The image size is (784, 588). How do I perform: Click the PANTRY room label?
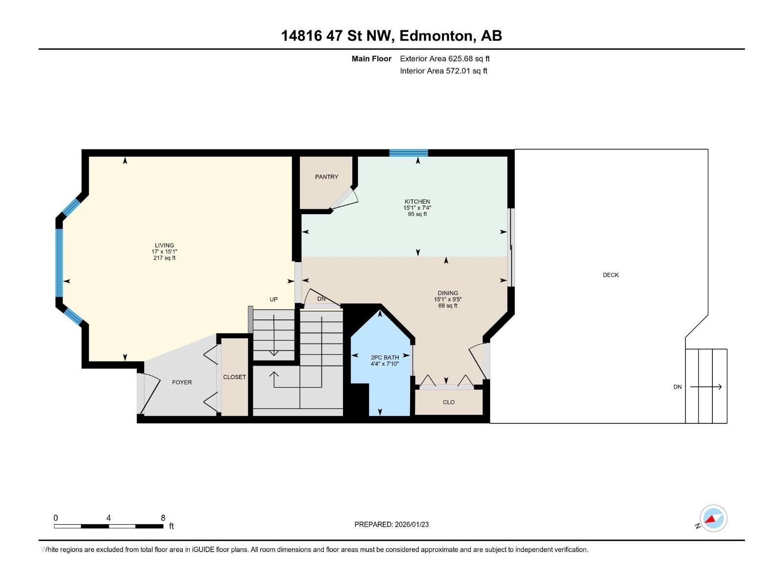click(x=326, y=177)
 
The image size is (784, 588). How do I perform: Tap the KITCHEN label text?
click(x=417, y=201)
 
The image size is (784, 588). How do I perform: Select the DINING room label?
click(x=447, y=293)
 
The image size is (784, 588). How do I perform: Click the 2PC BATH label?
click(x=385, y=358)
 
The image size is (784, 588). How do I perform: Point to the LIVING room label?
click(x=164, y=245)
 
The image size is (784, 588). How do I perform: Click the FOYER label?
click(x=182, y=382)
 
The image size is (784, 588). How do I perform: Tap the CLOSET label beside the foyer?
click(x=234, y=377)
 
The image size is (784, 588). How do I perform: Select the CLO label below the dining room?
click(x=448, y=402)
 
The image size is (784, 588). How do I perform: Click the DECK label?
click(x=611, y=275)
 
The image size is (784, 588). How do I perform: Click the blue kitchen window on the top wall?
click(x=408, y=153)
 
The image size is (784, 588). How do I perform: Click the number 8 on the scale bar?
click(x=163, y=518)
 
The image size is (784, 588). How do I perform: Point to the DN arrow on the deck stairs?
click(x=706, y=387)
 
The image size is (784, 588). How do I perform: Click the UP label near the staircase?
click(x=273, y=299)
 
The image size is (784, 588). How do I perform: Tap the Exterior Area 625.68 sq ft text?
click(x=444, y=59)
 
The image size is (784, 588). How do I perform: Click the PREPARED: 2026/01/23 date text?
click(x=392, y=524)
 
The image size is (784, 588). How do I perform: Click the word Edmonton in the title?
click(x=437, y=36)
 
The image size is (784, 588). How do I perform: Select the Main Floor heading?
click(x=371, y=59)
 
